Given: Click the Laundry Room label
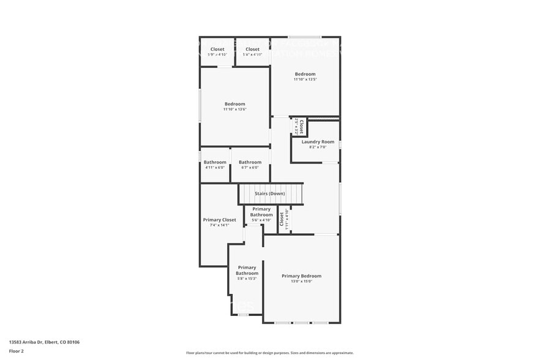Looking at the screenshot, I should click(318, 141).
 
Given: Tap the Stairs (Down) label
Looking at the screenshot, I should click(270, 193).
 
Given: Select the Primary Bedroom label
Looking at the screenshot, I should click(301, 276).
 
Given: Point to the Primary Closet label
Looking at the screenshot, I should click(219, 220).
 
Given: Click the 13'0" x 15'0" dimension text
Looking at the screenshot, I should click(301, 282).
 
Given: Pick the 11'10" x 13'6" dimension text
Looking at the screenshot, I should click(234, 110).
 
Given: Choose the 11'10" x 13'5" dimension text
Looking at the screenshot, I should click(305, 80).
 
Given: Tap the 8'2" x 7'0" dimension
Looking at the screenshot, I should click(318, 147).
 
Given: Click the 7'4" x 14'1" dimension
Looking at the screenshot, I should click(219, 225).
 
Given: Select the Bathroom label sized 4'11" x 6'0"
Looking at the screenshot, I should click(215, 162).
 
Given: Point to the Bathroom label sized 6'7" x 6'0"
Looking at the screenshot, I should click(250, 162).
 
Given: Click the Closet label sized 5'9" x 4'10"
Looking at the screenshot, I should click(217, 49).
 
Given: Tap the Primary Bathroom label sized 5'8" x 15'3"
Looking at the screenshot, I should click(247, 270).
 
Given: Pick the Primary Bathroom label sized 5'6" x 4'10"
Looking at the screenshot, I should click(261, 212).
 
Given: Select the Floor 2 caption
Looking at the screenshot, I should click(17, 351).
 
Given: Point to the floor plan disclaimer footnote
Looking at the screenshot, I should click(269, 353).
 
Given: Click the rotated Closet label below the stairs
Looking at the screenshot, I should click(282, 219).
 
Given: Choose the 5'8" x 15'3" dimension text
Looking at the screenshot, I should click(247, 279).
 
